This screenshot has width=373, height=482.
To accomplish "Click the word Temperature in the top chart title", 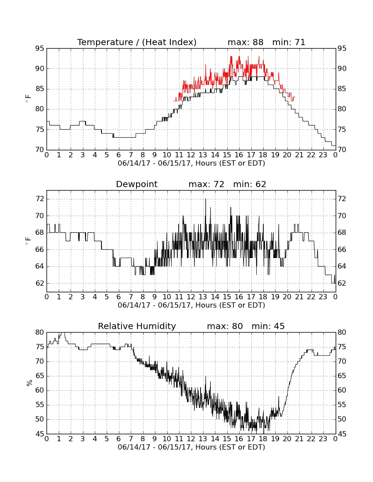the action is tap(105, 42).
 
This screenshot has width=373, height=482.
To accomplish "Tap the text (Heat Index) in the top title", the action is tap(169, 42).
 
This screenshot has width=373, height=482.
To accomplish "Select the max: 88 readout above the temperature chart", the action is tap(246, 42).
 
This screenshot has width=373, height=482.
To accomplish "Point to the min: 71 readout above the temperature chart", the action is tap(289, 42).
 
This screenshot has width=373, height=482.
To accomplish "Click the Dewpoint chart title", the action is tap(136, 184).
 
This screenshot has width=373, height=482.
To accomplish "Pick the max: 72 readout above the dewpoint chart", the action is tap(207, 184).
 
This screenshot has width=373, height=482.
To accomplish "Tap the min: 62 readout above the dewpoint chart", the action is tap(250, 184).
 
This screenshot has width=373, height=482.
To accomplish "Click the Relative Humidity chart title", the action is tap(137, 326).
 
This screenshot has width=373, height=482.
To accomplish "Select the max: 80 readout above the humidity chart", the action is tap(225, 326).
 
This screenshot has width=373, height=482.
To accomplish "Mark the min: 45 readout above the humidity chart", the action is tap(268, 326).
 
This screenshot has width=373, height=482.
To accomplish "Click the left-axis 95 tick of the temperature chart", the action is tap(39, 49).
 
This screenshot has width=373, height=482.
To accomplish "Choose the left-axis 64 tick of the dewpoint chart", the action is tap(39, 266).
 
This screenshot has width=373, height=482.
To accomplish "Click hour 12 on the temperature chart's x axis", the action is tap(191, 155).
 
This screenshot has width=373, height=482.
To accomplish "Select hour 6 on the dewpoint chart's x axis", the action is tap(119, 297).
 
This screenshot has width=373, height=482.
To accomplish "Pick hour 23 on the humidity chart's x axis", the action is tap(323, 439).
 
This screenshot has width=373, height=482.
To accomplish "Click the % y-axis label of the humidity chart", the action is tap(29, 383).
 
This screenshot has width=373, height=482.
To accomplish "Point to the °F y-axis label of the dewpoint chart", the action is tap(28, 241).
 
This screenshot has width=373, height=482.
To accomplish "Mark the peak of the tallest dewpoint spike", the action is tap(205, 199).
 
